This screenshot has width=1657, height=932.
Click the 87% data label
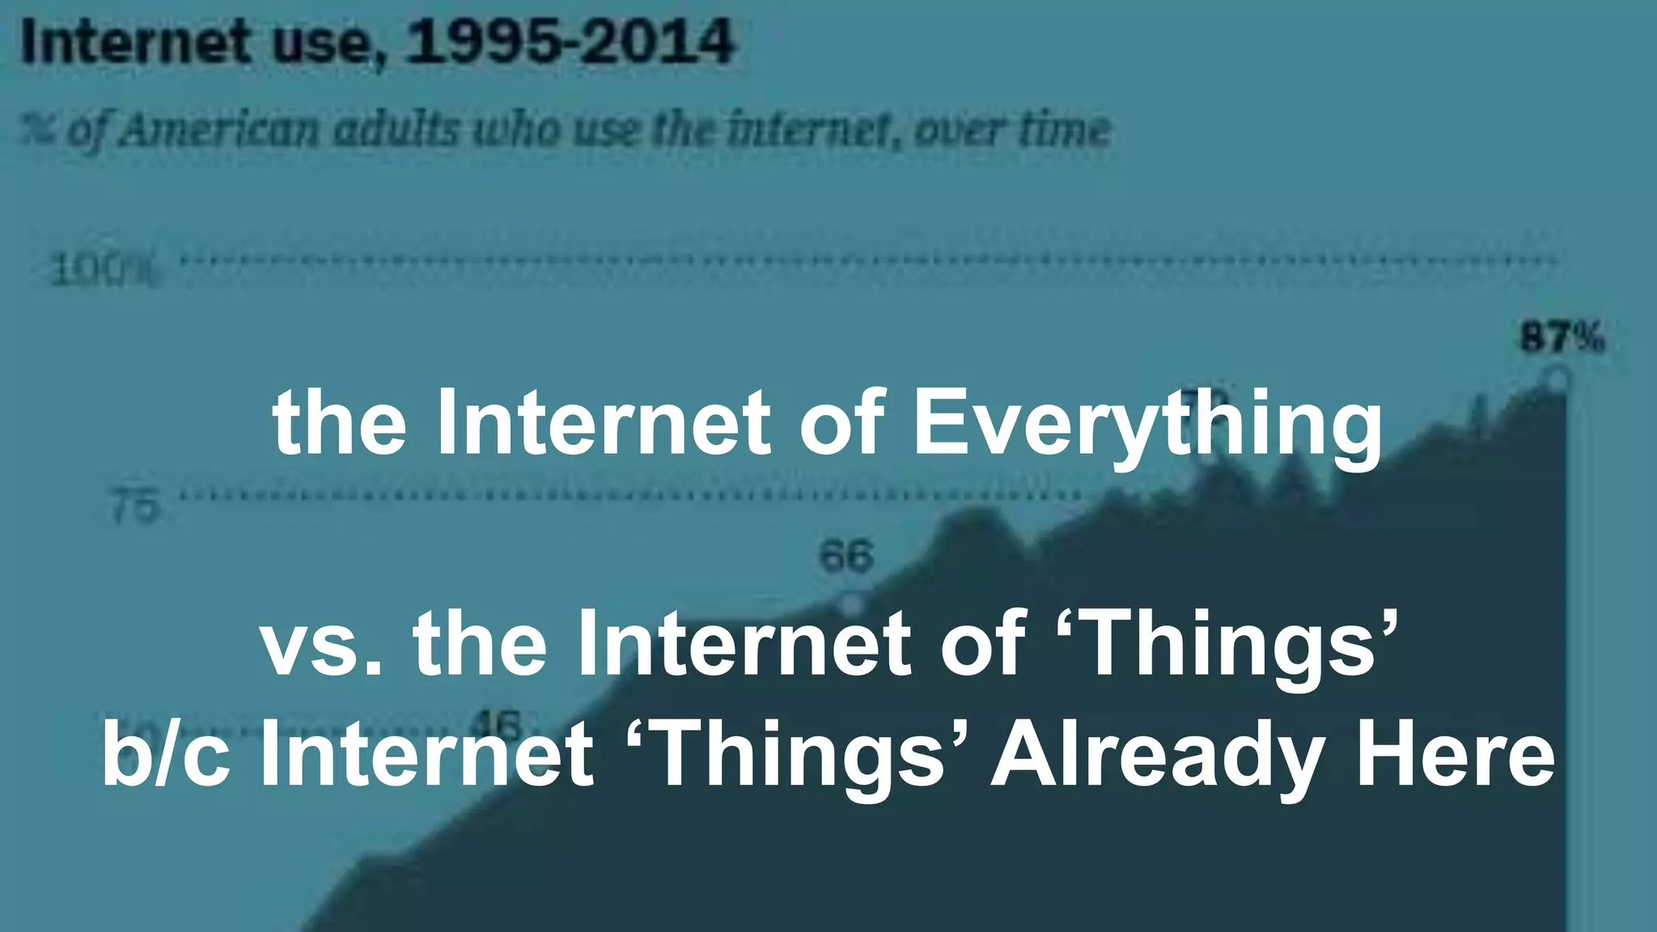pyautogui.click(x=1562, y=337)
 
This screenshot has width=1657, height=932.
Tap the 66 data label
pyautogui.click(x=846, y=557)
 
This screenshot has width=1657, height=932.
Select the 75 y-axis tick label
pyautogui.click(x=134, y=508)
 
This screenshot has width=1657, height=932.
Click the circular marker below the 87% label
pyautogui.click(x=1557, y=379)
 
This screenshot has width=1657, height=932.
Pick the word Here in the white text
pyautogui.click(x=1455, y=754)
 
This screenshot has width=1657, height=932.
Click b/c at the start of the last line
pyautogui.click(x=165, y=754)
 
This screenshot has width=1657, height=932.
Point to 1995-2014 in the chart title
pyautogui.click(x=570, y=42)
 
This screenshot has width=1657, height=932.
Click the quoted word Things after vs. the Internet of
pyautogui.click(x=1227, y=644)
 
